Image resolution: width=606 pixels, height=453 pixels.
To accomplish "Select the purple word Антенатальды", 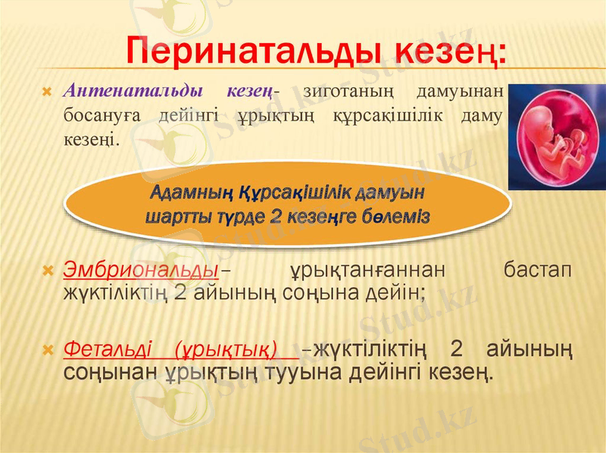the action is click(133, 91).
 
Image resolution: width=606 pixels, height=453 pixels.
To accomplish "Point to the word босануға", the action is click(102, 117).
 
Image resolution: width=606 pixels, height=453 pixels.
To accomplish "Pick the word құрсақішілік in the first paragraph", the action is click(388, 117).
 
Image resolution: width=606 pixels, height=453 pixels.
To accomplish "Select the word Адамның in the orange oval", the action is click(192, 192).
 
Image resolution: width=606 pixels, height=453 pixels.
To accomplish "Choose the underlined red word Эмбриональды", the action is click(141, 270).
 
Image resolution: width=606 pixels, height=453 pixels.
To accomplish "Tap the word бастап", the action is click(538, 270).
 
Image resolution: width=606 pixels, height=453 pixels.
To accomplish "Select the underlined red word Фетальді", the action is click(108, 349).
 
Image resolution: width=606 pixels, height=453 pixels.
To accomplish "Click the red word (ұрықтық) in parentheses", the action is click(226, 350).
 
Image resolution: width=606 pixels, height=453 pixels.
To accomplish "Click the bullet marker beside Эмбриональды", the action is click(48, 271).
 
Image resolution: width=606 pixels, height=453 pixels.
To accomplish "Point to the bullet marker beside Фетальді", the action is click(48, 351).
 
